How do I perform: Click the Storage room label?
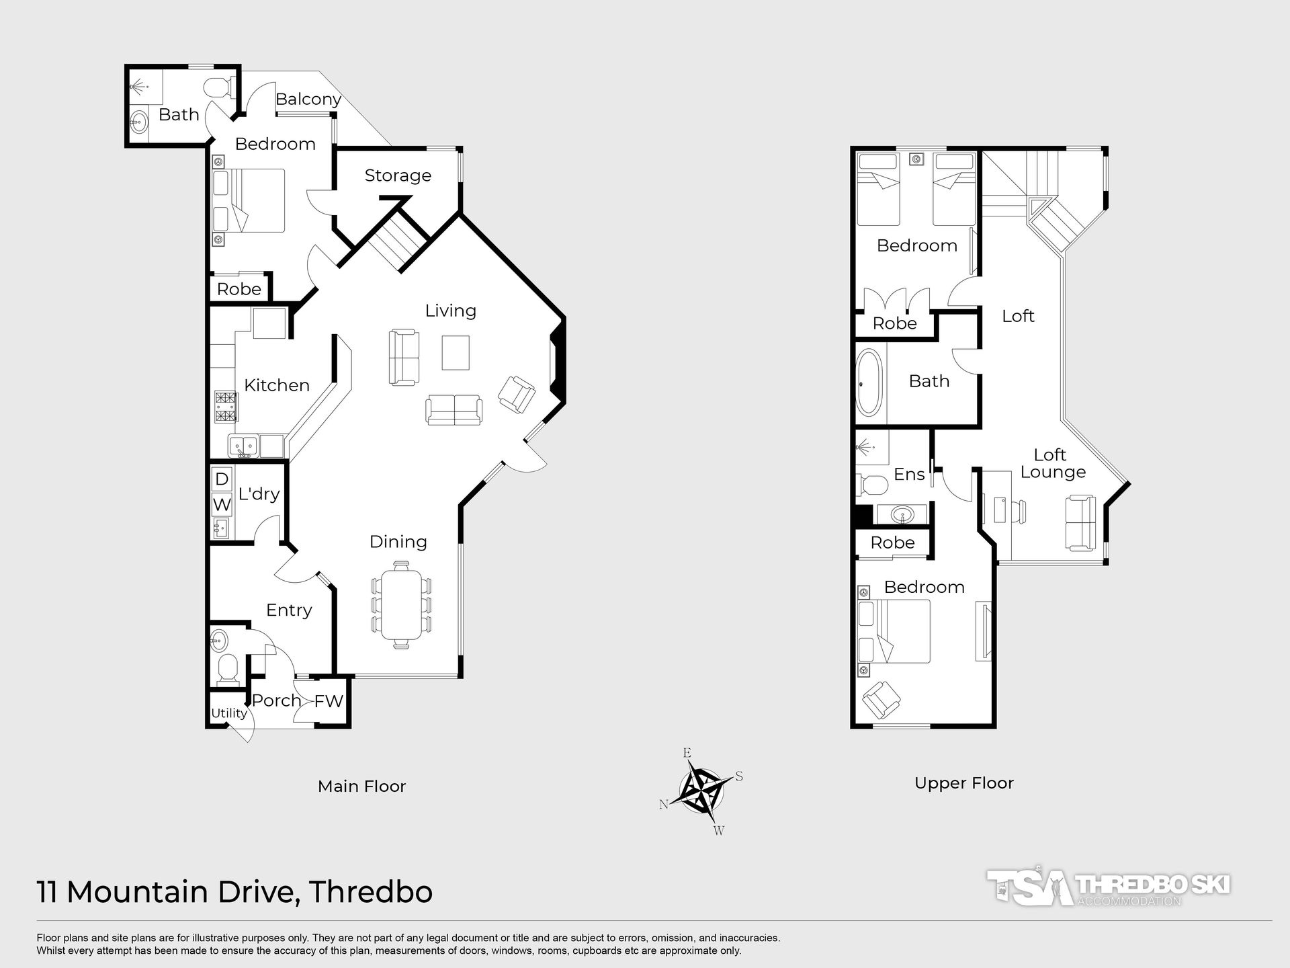tap(398, 175)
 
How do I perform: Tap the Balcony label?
tap(308, 99)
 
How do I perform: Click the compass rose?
tap(703, 791)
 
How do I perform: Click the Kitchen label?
tap(277, 385)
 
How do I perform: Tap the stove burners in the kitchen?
tap(226, 406)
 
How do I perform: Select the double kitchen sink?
tap(244, 446)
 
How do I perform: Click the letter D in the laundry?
tap(222, 479)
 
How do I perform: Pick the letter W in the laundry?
tap(222, 504)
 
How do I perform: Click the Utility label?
tap(228, 713)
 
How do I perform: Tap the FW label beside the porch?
tap(329, 701)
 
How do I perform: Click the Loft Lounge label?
tap(1052, 463)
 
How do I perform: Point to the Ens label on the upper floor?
tap(909, 475)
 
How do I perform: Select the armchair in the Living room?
tap(517, 394)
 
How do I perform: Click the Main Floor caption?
tap(361, 787)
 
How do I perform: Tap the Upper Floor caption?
tap(963, 784)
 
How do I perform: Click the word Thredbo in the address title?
tap(370, 892)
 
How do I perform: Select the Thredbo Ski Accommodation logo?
tap(1108, 887)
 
